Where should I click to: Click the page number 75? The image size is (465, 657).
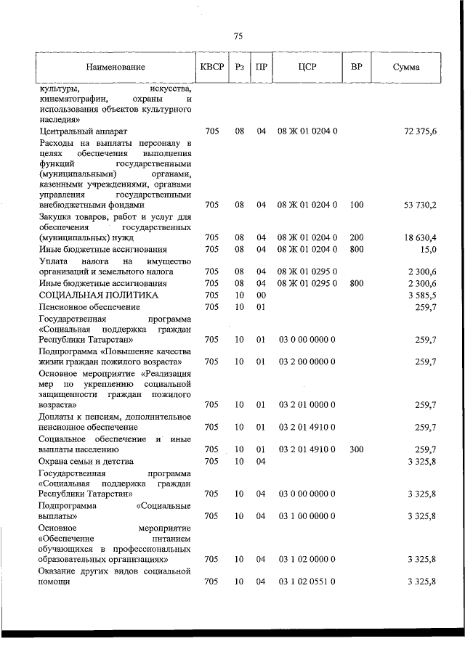coord(238,37)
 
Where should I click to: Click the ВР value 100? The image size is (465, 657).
coord(356,206)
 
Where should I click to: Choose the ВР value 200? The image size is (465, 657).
coord(356,238)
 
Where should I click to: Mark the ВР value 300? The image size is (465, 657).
coord(356,449)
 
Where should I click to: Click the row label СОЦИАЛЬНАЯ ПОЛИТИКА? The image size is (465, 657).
coord(98,295)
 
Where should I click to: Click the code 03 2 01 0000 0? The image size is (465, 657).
coord(305,404)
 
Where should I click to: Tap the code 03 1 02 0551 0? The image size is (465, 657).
coord(305,582)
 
